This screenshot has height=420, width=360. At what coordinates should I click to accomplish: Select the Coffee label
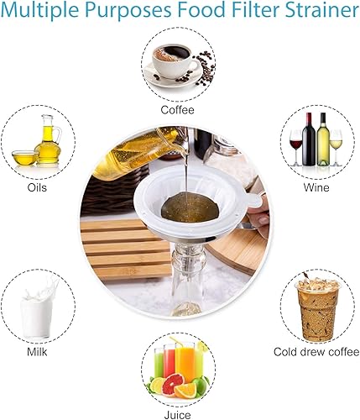tap(177, 109)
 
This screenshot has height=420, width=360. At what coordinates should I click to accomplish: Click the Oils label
tap(37, 186)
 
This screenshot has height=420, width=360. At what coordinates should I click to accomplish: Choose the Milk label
tap(37, 350)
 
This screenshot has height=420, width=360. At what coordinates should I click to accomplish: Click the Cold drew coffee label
tap(311, 351)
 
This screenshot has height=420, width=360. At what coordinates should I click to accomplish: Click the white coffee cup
tap(171, 66)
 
